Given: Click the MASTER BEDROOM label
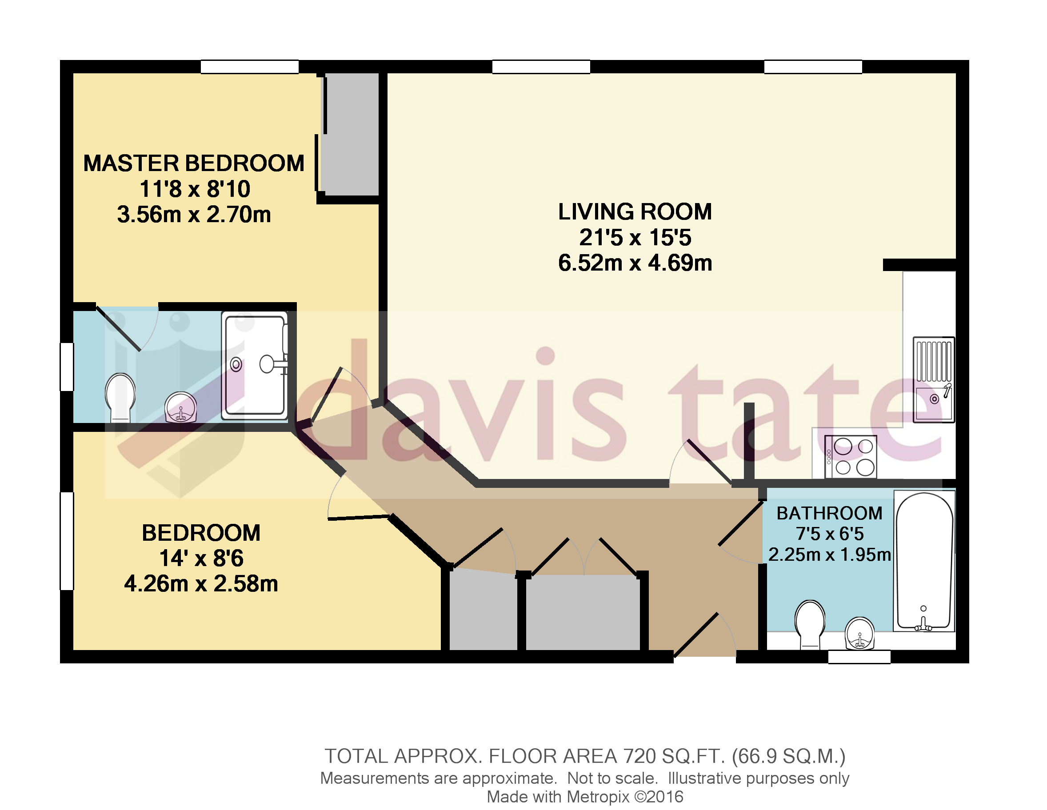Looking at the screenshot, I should click(194, 164).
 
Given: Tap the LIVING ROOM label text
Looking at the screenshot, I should click(635, 212).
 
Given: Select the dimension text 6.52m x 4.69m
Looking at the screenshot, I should click(635, 263).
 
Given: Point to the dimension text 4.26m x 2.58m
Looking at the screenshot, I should click(201, 584).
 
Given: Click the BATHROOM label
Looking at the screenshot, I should click(829, 513).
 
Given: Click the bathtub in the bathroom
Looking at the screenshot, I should click(924, 561).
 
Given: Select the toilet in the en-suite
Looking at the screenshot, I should click(120, 397).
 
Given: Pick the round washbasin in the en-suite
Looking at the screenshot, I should click(181, 408).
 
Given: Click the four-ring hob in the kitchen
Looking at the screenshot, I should click(851, 457).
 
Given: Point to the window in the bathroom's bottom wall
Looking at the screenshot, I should click(859, 657).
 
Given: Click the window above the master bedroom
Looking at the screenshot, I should click(249, 67).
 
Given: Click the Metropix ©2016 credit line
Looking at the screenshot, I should click(585, 797).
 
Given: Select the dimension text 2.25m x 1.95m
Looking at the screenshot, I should click(829, 555).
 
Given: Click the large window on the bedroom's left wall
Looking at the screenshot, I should click(67, 541).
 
